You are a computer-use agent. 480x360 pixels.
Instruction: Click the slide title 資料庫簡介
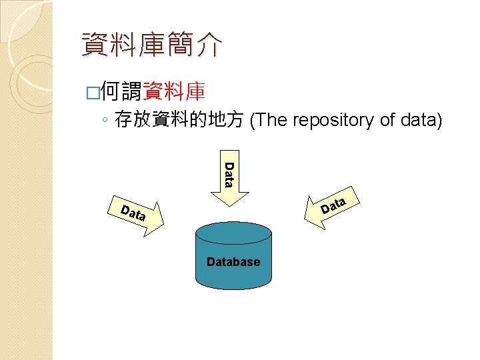pyautogui.click(x=152, y=45)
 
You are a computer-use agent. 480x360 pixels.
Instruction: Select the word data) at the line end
pyautogui.click(x=421, y=121)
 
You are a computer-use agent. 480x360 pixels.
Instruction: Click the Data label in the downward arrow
pyautogui.click(x=229, y=175)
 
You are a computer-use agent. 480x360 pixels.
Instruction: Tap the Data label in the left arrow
pyautogui.click(x=133, y=213)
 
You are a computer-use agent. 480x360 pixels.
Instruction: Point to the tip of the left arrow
pyautogui.click(x=163, y=225)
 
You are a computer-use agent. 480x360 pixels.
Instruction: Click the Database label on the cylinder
pyautogui.click(x=233, y=262)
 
